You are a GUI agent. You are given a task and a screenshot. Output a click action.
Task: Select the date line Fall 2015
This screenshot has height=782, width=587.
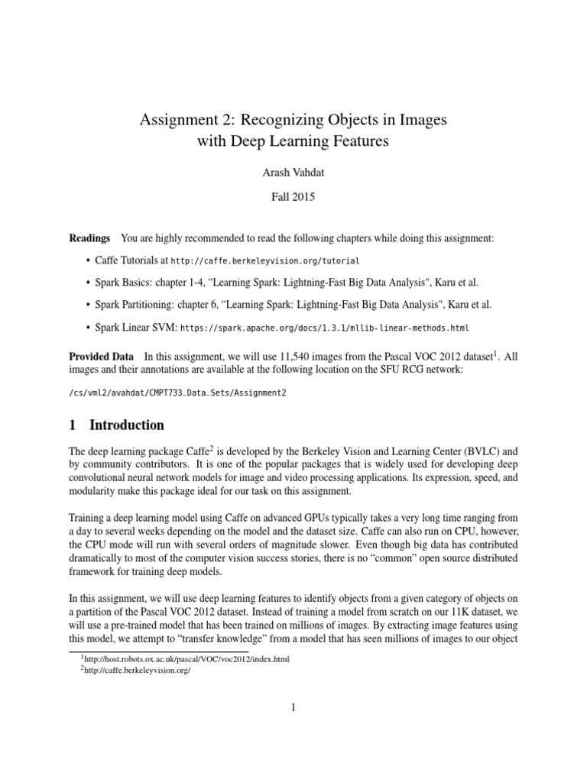pyautogui.click(x=293, y=196)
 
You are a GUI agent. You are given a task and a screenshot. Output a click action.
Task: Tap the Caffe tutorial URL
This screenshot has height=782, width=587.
pyautogui.click(x=265, y=260)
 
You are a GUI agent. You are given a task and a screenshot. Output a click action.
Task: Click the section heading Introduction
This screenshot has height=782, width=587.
pyautogui.click(x=126, y=425)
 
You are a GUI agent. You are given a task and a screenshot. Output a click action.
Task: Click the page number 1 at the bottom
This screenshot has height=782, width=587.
pyautogui.click(x=293, y=708)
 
